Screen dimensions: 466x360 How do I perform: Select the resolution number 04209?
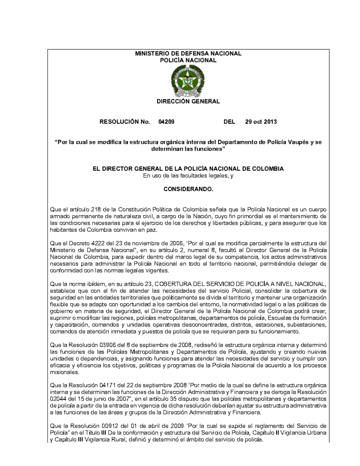(166, 122)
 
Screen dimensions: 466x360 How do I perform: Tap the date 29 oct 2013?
(261, 122)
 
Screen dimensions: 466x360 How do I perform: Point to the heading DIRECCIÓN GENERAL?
(188, 101)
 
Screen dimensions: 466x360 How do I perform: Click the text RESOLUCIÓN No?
(124, 122)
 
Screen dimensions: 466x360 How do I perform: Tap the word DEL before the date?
(229, 122)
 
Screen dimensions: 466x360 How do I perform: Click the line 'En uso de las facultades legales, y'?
(188, 176)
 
